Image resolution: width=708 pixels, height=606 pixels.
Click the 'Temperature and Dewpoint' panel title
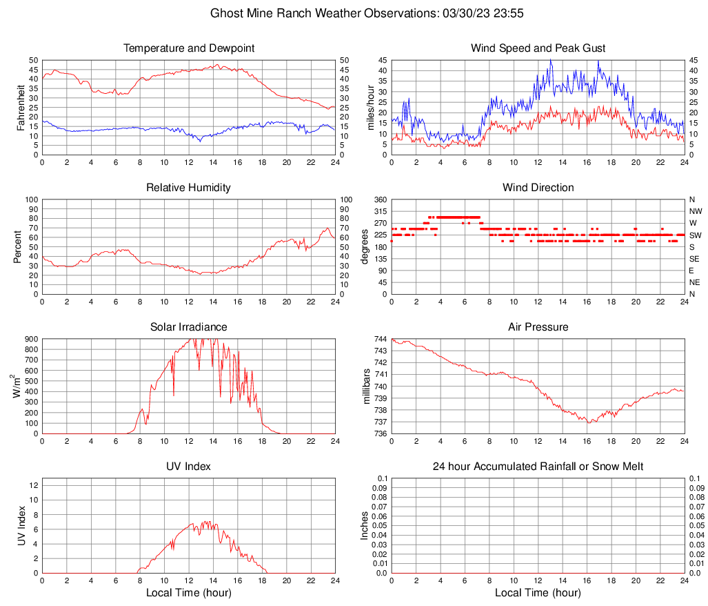tap(189, 48)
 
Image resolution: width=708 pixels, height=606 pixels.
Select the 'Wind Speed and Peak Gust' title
tap(538, 48)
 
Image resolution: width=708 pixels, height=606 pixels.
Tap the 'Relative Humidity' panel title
tap(189, 188)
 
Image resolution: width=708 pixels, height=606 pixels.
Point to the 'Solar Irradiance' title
tap(189, 326)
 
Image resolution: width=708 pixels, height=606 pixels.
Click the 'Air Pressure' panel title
tap(538, 326)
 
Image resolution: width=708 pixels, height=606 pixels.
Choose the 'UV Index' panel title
tap(189, 467)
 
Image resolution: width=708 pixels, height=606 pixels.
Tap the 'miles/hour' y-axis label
tap(370, 108)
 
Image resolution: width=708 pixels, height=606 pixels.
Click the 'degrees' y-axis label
tap(365, 247)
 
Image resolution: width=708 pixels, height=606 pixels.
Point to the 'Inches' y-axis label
tap(365, 526)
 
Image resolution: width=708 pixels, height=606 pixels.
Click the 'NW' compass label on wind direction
tap(695, 211)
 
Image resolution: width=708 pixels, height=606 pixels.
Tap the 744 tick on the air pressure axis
tap(379, 339)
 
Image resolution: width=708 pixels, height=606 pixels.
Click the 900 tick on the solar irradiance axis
tap(30, 339)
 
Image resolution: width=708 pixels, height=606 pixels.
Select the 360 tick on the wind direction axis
tap(379, 199)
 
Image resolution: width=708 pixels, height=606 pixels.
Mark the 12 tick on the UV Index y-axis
tap(33, 485)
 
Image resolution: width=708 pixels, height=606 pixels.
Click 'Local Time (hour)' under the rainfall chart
tap(538, 593)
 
